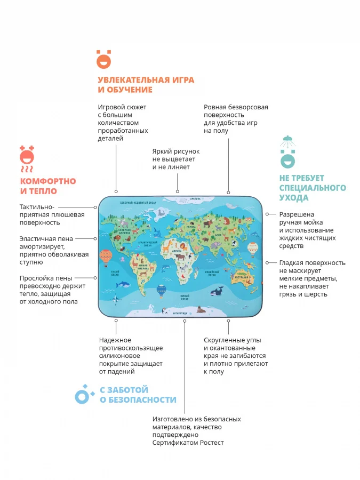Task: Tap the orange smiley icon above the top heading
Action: click(103, 59)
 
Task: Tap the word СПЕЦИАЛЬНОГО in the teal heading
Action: click(313, 188)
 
